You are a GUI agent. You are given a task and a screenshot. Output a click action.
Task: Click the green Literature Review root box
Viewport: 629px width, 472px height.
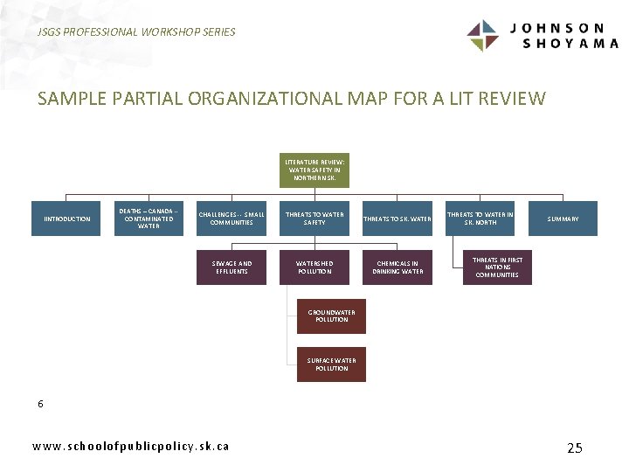(314, 170)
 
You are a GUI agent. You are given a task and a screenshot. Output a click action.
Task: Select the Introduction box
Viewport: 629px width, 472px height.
(67, 219)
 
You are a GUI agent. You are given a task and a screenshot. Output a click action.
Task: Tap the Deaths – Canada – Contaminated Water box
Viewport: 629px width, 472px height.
(149, 219)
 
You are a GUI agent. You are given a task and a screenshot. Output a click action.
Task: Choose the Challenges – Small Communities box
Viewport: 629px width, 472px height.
(232, 219)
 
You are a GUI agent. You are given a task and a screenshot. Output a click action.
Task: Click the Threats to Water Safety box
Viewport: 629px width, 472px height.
(314, 219)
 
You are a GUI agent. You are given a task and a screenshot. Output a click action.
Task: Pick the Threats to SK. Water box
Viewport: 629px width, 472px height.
(397, 219)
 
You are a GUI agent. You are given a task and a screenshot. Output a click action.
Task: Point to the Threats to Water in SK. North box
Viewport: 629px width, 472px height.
(480, 219)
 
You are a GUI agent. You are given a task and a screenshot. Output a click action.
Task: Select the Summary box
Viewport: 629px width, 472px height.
(563, 219)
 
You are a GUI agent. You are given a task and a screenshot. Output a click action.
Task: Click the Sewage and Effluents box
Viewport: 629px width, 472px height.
(232, 267)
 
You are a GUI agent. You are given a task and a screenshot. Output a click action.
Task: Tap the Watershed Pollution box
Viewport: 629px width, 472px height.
(314, 267)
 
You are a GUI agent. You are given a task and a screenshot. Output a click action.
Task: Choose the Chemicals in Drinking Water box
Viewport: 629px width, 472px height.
(397, 267)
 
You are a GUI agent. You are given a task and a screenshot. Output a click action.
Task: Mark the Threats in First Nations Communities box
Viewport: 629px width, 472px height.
(497, 267)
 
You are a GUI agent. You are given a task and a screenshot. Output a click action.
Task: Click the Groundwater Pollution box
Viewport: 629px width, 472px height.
(331, 316)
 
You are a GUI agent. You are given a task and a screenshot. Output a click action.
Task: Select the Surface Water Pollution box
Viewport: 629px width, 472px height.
(331, 364)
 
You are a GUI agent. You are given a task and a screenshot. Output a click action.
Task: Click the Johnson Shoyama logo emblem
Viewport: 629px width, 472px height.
(482, 36)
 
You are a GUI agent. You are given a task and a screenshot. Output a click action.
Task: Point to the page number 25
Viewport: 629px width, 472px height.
(574, 448)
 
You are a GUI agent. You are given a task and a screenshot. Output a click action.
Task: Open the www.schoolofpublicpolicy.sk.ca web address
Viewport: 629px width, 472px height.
(131, 446)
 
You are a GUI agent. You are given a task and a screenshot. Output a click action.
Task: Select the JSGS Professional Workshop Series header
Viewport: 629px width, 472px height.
(136, 31)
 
